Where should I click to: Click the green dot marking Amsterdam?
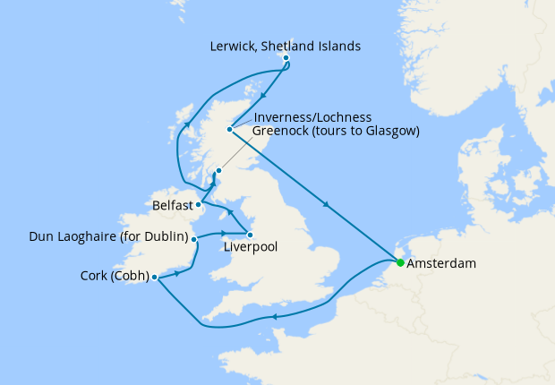point(400,262)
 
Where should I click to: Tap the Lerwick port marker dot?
point(286,59)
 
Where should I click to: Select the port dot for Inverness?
point(230,130)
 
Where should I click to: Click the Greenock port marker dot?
point(218,169)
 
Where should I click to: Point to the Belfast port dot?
point(198,204)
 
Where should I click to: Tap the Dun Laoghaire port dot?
point(194,240)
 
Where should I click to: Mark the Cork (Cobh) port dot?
point(155,277)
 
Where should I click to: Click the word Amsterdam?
point(440,265)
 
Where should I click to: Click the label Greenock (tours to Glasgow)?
point(336,132)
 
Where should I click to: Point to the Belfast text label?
point(172,205)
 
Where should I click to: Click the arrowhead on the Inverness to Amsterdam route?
point(329,206)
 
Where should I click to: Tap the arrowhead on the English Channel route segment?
point(273,316)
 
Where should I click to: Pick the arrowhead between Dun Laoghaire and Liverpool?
point(224,235)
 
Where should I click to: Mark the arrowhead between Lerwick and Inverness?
point(263,96)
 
